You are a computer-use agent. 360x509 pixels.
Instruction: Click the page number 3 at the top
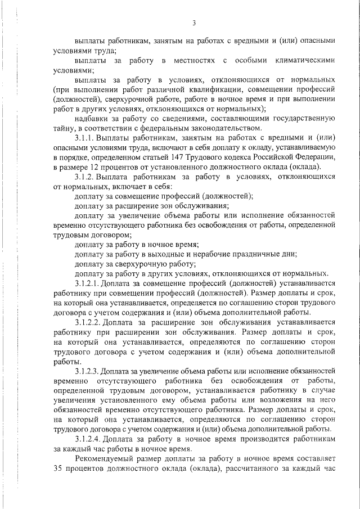pos(193,23)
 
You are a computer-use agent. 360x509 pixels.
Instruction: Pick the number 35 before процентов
pos(58,469)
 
